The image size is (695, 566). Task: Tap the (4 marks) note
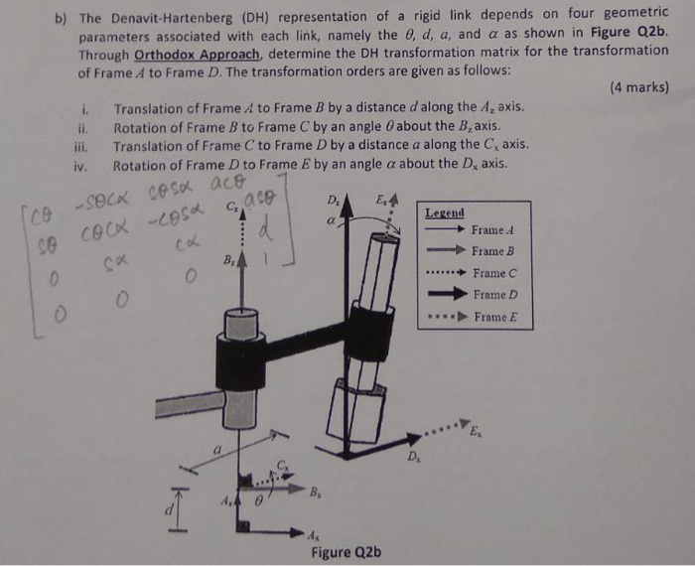click(x=636, y=87)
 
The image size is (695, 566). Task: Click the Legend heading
click(x=444, y=213)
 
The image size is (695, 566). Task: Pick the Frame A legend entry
click(x=493, y=230)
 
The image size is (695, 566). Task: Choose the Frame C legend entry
click(x=493, y=273)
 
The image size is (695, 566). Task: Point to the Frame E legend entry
click(x=493, y=318)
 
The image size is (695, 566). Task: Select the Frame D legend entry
click(x=493, y=295)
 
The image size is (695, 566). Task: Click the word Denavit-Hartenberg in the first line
click(x=165, y=18)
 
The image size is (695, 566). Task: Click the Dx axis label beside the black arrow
click(x=414, y=458)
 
